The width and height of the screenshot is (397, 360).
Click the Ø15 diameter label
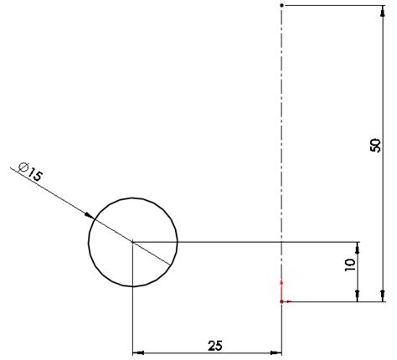point(30,175)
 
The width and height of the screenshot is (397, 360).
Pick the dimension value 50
point(374,145)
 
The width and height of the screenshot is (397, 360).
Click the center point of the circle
point(133,243)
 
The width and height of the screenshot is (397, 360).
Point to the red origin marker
point(282,300)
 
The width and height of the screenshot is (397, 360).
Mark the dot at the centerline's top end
point(281,5)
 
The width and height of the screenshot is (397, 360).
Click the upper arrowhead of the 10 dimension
point(358,248)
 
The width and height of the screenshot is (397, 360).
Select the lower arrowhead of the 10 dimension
point(358,295)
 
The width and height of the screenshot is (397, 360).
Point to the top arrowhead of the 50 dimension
point(383,11)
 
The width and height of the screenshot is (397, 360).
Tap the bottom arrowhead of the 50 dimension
point(383,295)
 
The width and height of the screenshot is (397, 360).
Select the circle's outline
point(177,243)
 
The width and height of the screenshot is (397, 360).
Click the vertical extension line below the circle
point(133,318)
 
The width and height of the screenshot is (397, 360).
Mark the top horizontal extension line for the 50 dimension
point(335,5)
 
